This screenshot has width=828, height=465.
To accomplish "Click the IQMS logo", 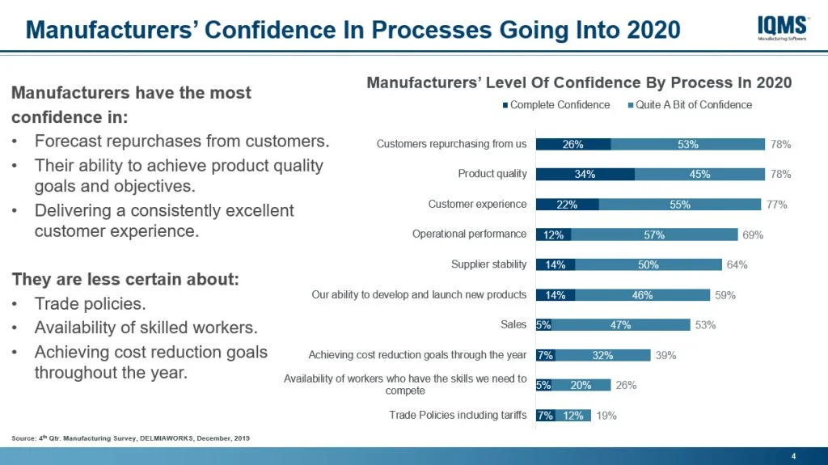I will pos(783,28).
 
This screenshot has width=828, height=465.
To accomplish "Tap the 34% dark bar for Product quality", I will pos(585,174).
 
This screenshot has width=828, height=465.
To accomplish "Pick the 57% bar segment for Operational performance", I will pos(654,235).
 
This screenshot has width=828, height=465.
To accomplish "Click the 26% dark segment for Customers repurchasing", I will pos(573,144).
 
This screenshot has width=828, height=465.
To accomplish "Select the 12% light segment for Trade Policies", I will pos(573,416).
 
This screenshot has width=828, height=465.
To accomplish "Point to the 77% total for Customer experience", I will pos(777,205).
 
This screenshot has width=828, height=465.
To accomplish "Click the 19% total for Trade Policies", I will pos(606,416).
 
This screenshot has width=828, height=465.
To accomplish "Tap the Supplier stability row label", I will pos(488,264).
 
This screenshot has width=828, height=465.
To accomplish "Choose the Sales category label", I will pos(513,325).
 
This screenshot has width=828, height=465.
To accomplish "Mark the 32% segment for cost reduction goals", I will pos(602,355).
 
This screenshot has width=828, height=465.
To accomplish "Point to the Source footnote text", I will pos(130,438).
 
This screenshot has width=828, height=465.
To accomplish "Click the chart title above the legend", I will pos(579,82).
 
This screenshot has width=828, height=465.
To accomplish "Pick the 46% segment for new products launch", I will pos(642,295).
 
